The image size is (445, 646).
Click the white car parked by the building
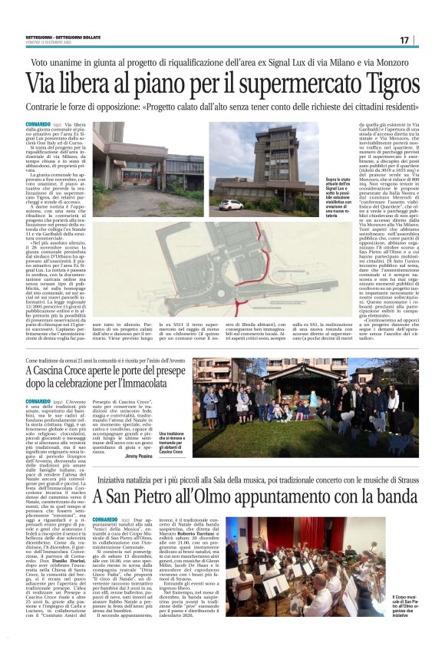[x=231, y=205]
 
